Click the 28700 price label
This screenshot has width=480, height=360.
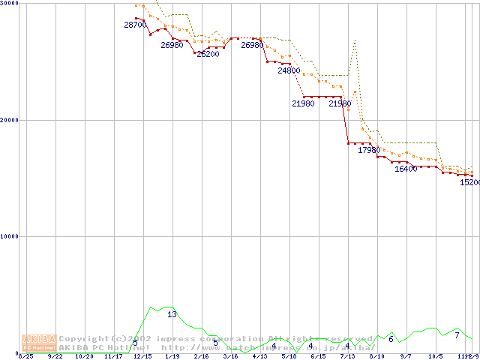pos(135,25)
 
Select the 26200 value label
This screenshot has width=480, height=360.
pos(208,54)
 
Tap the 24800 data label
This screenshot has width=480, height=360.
pos(289,71)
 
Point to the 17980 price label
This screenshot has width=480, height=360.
pos(369,151)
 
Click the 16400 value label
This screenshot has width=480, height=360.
pos(406,169)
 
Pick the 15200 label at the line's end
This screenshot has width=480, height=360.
pos(469,182)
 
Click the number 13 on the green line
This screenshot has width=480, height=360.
pos(172,315)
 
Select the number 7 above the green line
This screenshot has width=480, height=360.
pos(457,335)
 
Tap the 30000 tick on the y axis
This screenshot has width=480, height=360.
pos(10,4)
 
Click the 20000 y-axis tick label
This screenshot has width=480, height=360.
pos(10,120)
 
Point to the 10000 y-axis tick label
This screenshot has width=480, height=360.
pos(10,236)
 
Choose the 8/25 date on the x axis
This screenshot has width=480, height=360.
pos(25,356)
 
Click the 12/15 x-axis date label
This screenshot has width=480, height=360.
pos(142,356)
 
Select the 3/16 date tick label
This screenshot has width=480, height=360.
pos(229,356)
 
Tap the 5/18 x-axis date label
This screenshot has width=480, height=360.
pos(289,356)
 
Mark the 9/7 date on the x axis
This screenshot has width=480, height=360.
pos(406,356)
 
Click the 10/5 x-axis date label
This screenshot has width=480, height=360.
pos(435,356)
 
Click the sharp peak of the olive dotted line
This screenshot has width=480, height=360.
pos(354,40)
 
